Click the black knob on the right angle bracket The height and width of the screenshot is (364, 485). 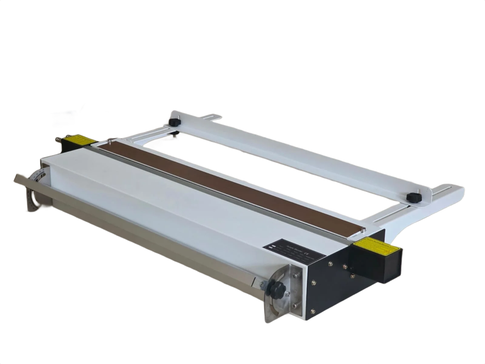pyautogui.click(x=277, y=289)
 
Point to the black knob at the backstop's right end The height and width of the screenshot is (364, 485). pyautogui.click(x=415, y=198)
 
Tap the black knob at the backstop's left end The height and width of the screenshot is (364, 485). pyautogui.click(x=175, y=123)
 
